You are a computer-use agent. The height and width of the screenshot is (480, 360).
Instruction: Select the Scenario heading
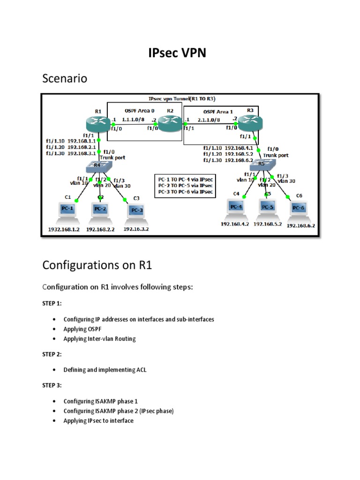click(x=65, y=78)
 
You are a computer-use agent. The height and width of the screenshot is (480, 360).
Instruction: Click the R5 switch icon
click(x=261, y=164)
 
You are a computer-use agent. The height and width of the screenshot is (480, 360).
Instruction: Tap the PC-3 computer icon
click(x=136, y=211)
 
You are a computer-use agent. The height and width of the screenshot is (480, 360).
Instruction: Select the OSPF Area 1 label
click(x=218, y=112)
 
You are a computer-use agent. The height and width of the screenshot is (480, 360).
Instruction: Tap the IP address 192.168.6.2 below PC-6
click(x=300, y=225)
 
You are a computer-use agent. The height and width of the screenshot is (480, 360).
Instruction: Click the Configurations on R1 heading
click(x=97, y=265)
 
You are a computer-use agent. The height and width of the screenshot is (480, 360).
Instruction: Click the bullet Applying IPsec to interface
click(x=98, y=420)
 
